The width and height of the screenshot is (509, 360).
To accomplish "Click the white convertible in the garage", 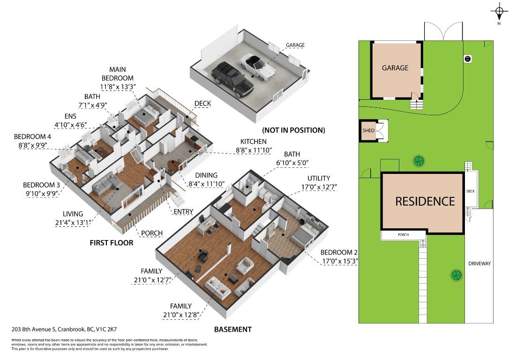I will click(258, 66).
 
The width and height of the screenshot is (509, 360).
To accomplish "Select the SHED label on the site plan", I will click(368, 130).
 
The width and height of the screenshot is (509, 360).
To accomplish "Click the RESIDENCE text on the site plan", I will click(425, 201).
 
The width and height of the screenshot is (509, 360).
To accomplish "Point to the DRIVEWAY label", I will click(479, 263).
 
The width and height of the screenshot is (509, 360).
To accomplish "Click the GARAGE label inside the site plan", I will click(395, 67).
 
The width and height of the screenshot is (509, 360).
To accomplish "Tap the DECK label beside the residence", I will click(471, 191).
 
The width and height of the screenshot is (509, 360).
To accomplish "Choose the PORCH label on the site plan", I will click(403, 235).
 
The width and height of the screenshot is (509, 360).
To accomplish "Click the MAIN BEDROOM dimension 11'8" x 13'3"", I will click(118, 86).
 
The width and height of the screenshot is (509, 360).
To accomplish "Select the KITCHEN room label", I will click(254, 142).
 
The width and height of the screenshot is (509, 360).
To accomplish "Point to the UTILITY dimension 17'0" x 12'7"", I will click(322, 187).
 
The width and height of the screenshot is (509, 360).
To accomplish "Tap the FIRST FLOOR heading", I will click(112, 243).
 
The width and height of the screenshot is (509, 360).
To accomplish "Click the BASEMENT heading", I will click(232, 329).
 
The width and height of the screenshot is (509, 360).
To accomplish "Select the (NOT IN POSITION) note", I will click(293, 130).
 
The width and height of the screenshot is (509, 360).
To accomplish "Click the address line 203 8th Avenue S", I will click(64, 330).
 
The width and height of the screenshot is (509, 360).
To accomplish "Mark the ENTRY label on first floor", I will click(183, 211).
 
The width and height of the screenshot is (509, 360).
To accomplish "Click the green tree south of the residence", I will click(455, 275).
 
